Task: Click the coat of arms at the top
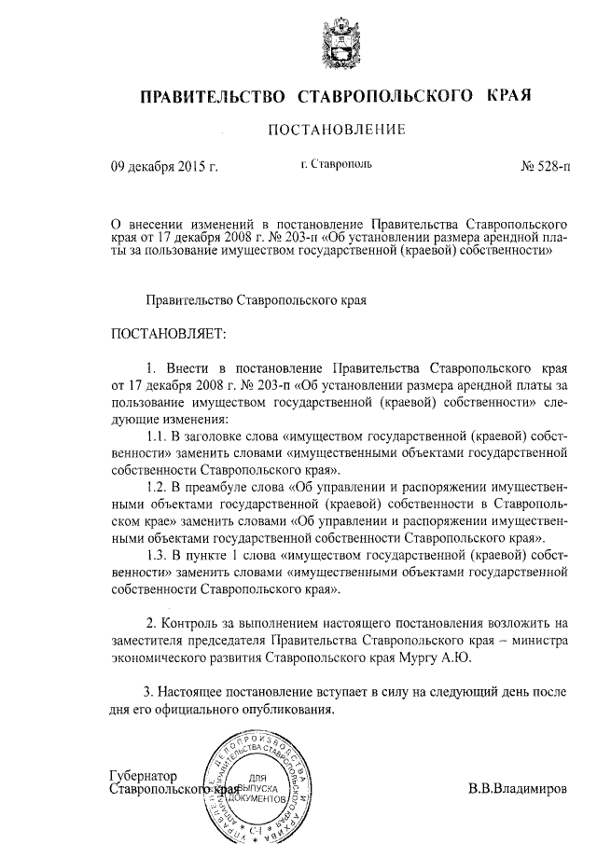[339, 44]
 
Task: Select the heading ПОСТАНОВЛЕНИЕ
[337, 131]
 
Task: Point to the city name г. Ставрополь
[337, 165]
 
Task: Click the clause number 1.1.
[160, 436]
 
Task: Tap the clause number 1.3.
[160, 556]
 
